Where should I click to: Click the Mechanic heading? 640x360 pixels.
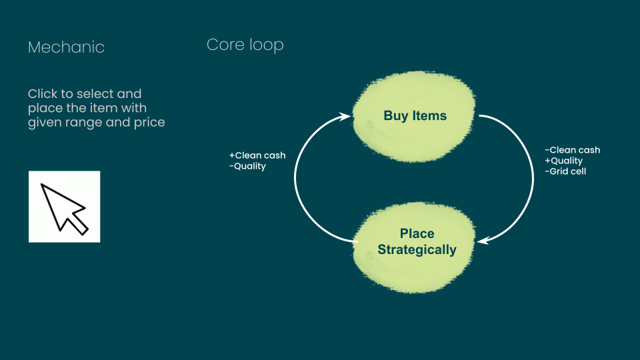tap(66, 47)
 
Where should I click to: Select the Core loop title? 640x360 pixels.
tap(245, 45)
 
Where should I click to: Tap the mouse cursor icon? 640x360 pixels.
tap(65, 207)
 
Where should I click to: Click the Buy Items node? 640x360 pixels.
tap(414, 116)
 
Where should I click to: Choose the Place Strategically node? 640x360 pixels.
tap(414, 247)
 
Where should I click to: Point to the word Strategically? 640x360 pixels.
tap(417, 250)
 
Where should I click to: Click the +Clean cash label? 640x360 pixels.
tap(257, 155)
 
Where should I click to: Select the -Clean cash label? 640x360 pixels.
tap(572, 150)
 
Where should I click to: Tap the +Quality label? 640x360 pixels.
tap(564, 161)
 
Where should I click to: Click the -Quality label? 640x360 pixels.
tap(247, 167)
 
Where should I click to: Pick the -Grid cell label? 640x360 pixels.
tap(565, 171)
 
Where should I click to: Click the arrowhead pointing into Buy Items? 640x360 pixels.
tap(345, 117)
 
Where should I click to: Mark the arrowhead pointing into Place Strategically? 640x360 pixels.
tap(483, 241)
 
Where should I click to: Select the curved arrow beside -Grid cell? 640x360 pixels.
tap(533, 179)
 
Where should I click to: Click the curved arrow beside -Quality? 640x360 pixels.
tap(295, 179)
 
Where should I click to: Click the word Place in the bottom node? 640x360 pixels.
tap(417, 233)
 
